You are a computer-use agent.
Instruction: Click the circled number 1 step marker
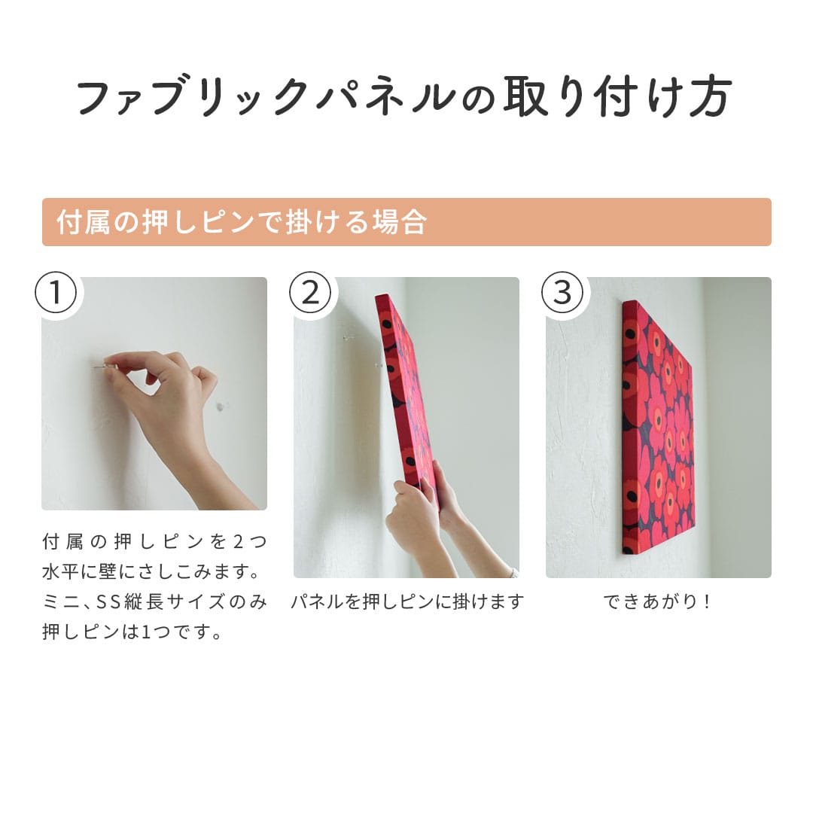coord(56,292)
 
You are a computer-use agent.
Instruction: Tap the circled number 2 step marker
coord(310,292)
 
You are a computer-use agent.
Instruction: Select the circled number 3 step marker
coord(562,292)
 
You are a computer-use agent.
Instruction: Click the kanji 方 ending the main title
coord(710,97)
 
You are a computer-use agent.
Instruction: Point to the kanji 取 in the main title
coord(525,97)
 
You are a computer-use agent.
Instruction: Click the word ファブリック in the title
coord(193,97)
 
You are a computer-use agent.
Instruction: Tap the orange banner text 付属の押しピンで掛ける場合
coord(242,222)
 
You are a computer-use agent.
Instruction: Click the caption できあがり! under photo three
coord(657,601)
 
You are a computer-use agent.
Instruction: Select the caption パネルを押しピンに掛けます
coord(407,601)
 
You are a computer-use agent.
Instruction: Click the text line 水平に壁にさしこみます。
coord(151,571)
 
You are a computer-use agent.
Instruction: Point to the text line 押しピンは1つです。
coord(132,632)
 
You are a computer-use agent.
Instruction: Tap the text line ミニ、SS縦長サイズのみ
coord(154,601)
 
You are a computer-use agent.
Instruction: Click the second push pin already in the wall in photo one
coord(221,407)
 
